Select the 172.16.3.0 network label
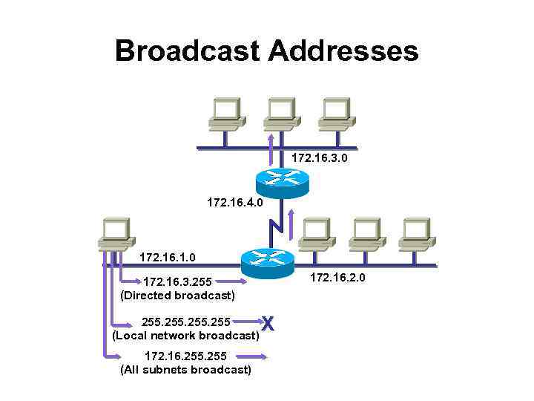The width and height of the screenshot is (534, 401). pos(320,158)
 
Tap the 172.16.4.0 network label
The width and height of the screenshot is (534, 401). pos(234,201)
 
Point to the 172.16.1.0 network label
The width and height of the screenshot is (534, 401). pos(168,258)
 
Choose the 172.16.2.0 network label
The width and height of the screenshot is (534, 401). pos(337,278)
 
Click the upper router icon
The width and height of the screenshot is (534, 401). pos(281,180)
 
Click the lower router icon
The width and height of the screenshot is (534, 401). pos(268,260)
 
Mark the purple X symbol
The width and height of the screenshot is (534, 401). pos(268,324)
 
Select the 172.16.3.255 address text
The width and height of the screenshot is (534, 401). pos(177,282)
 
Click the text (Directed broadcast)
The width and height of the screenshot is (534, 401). pos(177,296)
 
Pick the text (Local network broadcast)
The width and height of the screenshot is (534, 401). pos(185,336)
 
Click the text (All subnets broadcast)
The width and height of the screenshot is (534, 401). pos(185,369)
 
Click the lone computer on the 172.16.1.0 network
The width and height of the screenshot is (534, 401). pos(116,234)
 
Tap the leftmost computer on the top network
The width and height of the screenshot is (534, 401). pos(225,114)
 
